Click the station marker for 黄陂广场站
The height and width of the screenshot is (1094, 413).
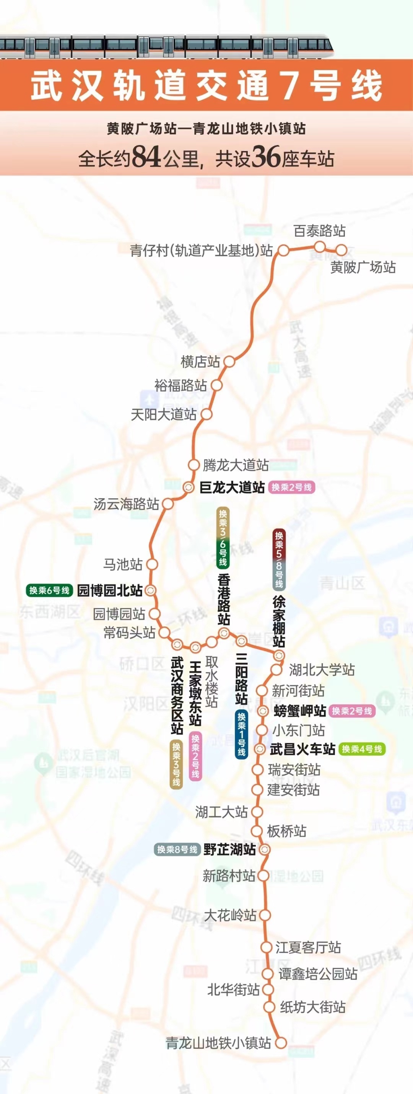coord(341,250)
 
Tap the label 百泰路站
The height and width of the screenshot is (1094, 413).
coord(319,231)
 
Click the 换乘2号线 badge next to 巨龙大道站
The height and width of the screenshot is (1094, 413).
coord(291,487)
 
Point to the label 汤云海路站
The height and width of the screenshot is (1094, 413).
coord(126,504)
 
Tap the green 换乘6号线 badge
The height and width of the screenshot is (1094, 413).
coord(49,590)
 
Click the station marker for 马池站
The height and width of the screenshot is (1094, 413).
coord(152,564)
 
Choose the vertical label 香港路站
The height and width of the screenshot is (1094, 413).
coord(224,599)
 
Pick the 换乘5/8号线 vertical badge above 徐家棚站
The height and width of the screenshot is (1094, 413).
coord(279,560)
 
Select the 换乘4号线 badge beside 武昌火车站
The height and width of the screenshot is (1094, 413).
coord(362,749)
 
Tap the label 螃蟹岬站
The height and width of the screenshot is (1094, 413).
coord(300,711)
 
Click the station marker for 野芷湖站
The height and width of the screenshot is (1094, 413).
coord(265,849)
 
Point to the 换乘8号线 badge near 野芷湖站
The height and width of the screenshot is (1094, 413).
coord(177,849)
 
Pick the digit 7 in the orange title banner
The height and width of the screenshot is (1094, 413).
coord(289,86)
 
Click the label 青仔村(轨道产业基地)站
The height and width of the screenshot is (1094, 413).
coord(201,251)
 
